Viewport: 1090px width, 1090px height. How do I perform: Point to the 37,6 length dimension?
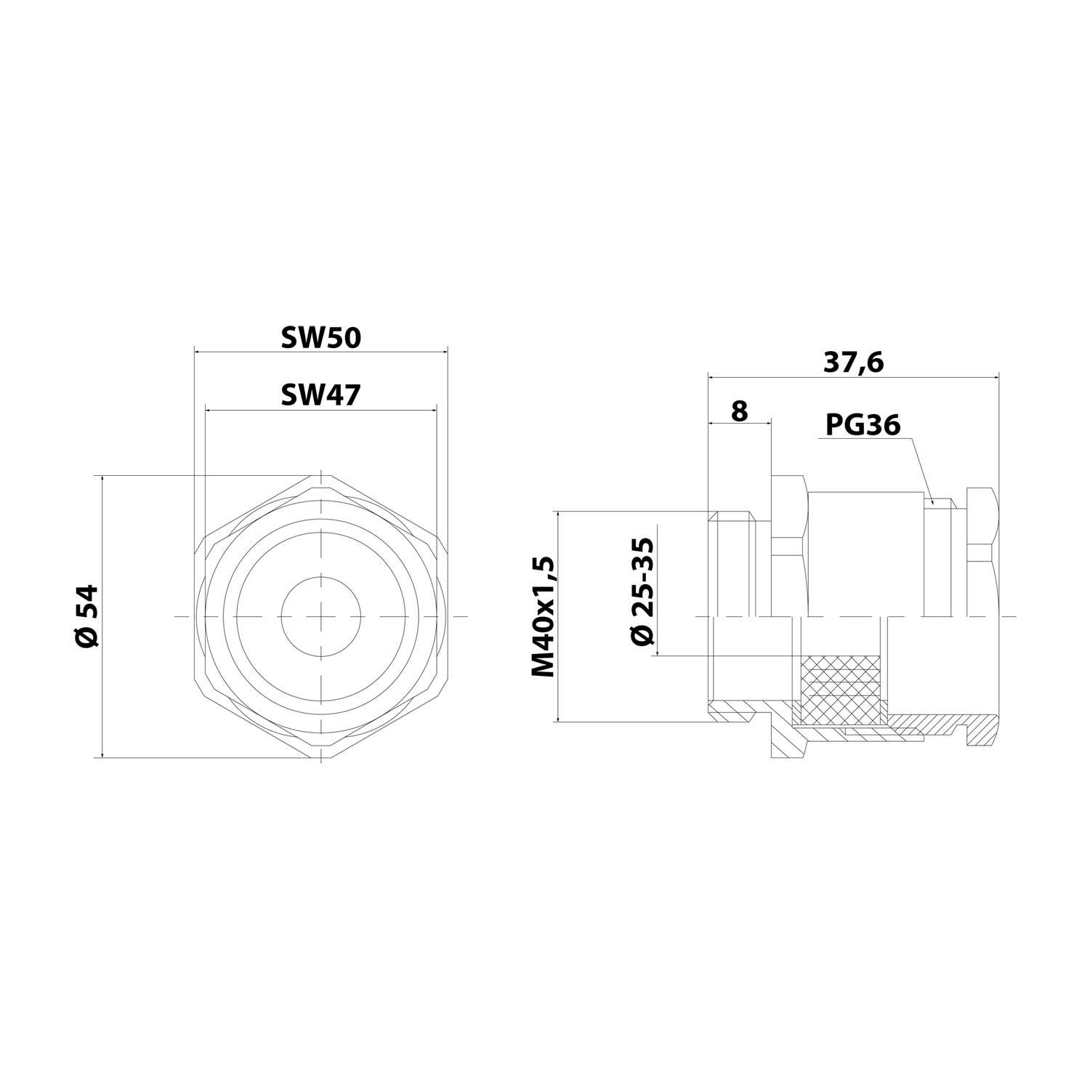pyautogui.click(x=853, y=362)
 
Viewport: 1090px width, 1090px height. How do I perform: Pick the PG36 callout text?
pyautogui.click(x=863, y=425)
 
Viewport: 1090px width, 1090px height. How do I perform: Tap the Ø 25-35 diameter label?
pyautogui.click(x=643, y=591)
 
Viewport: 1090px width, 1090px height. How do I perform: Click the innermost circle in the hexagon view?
pyautogui.click(x=320, y=616)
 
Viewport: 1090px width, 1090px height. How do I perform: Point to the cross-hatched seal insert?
pyautogui.click(x=839, y=687)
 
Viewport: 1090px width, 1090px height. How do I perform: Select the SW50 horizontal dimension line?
pyautogui.click(x=320, y=350)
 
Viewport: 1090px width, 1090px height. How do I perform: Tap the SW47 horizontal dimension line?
pyautogui.click(x=320, y=410)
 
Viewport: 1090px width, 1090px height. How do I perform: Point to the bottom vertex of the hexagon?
pyautogui.click(x=320, y=759)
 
